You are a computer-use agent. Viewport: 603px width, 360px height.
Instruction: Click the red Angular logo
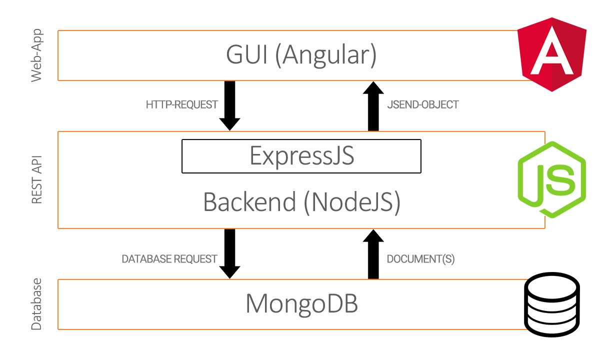click(552, 54)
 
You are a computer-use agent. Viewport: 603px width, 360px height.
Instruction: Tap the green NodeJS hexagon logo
click(552, 179)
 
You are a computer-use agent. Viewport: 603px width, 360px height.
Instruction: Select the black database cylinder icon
click(552, 304)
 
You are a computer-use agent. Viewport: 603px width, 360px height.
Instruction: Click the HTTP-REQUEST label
click(181, 104)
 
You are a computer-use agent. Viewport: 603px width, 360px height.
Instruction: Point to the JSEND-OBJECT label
click(422, 104)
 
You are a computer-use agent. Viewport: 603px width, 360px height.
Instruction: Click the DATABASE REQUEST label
click(169, 259)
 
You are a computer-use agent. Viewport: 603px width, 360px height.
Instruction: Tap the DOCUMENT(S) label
click(421, 259)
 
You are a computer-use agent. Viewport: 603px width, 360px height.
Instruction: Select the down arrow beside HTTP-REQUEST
click(229, 105)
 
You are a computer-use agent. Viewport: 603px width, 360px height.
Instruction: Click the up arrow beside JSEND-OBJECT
click(373, 106)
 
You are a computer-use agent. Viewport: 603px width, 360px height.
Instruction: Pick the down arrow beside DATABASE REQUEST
click(229, 253)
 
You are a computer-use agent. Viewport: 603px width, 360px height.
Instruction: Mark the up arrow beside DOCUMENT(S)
click(373, 254)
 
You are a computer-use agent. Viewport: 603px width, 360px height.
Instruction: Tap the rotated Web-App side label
click(36, 55)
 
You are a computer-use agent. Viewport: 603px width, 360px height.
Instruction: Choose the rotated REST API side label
click(36, 179)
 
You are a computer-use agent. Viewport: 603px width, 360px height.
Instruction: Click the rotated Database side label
click(36, 304)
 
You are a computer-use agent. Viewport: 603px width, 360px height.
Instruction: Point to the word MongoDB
click(302, 303)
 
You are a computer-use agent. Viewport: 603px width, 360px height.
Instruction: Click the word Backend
click(249, 202)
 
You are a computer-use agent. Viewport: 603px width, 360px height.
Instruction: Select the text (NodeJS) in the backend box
click(352, 202)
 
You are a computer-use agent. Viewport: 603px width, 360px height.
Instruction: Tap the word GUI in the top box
click(247, 54)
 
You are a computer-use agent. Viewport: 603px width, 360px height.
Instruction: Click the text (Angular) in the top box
click(325, 55)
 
